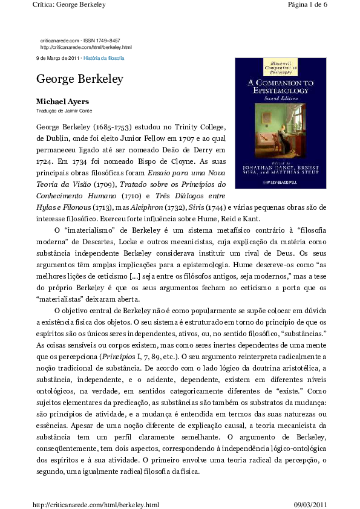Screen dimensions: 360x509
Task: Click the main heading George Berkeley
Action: tap(80, 79)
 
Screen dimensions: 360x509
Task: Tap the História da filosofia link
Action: tap(104, 58)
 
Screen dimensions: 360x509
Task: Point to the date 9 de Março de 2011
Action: tap(57, 58)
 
